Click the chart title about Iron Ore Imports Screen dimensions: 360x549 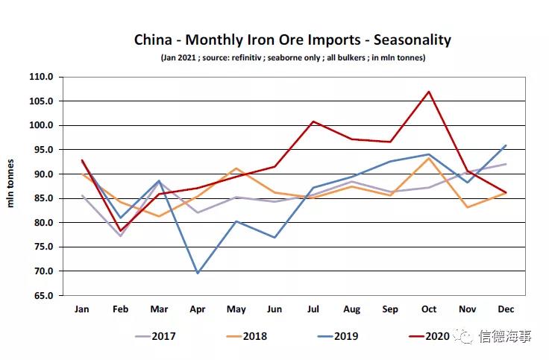coord(292,40)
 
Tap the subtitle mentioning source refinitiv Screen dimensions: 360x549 coord(292,57)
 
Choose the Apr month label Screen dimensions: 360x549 coord(198,309)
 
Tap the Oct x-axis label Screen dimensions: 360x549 coord(428,309)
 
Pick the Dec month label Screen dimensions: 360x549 coord(505,309)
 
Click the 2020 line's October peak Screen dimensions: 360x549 coord(429,92)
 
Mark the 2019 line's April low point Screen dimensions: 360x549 coord(198,274)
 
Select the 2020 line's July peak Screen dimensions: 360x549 coord(313,121)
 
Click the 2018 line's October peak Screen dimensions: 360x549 coord(429,158)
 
